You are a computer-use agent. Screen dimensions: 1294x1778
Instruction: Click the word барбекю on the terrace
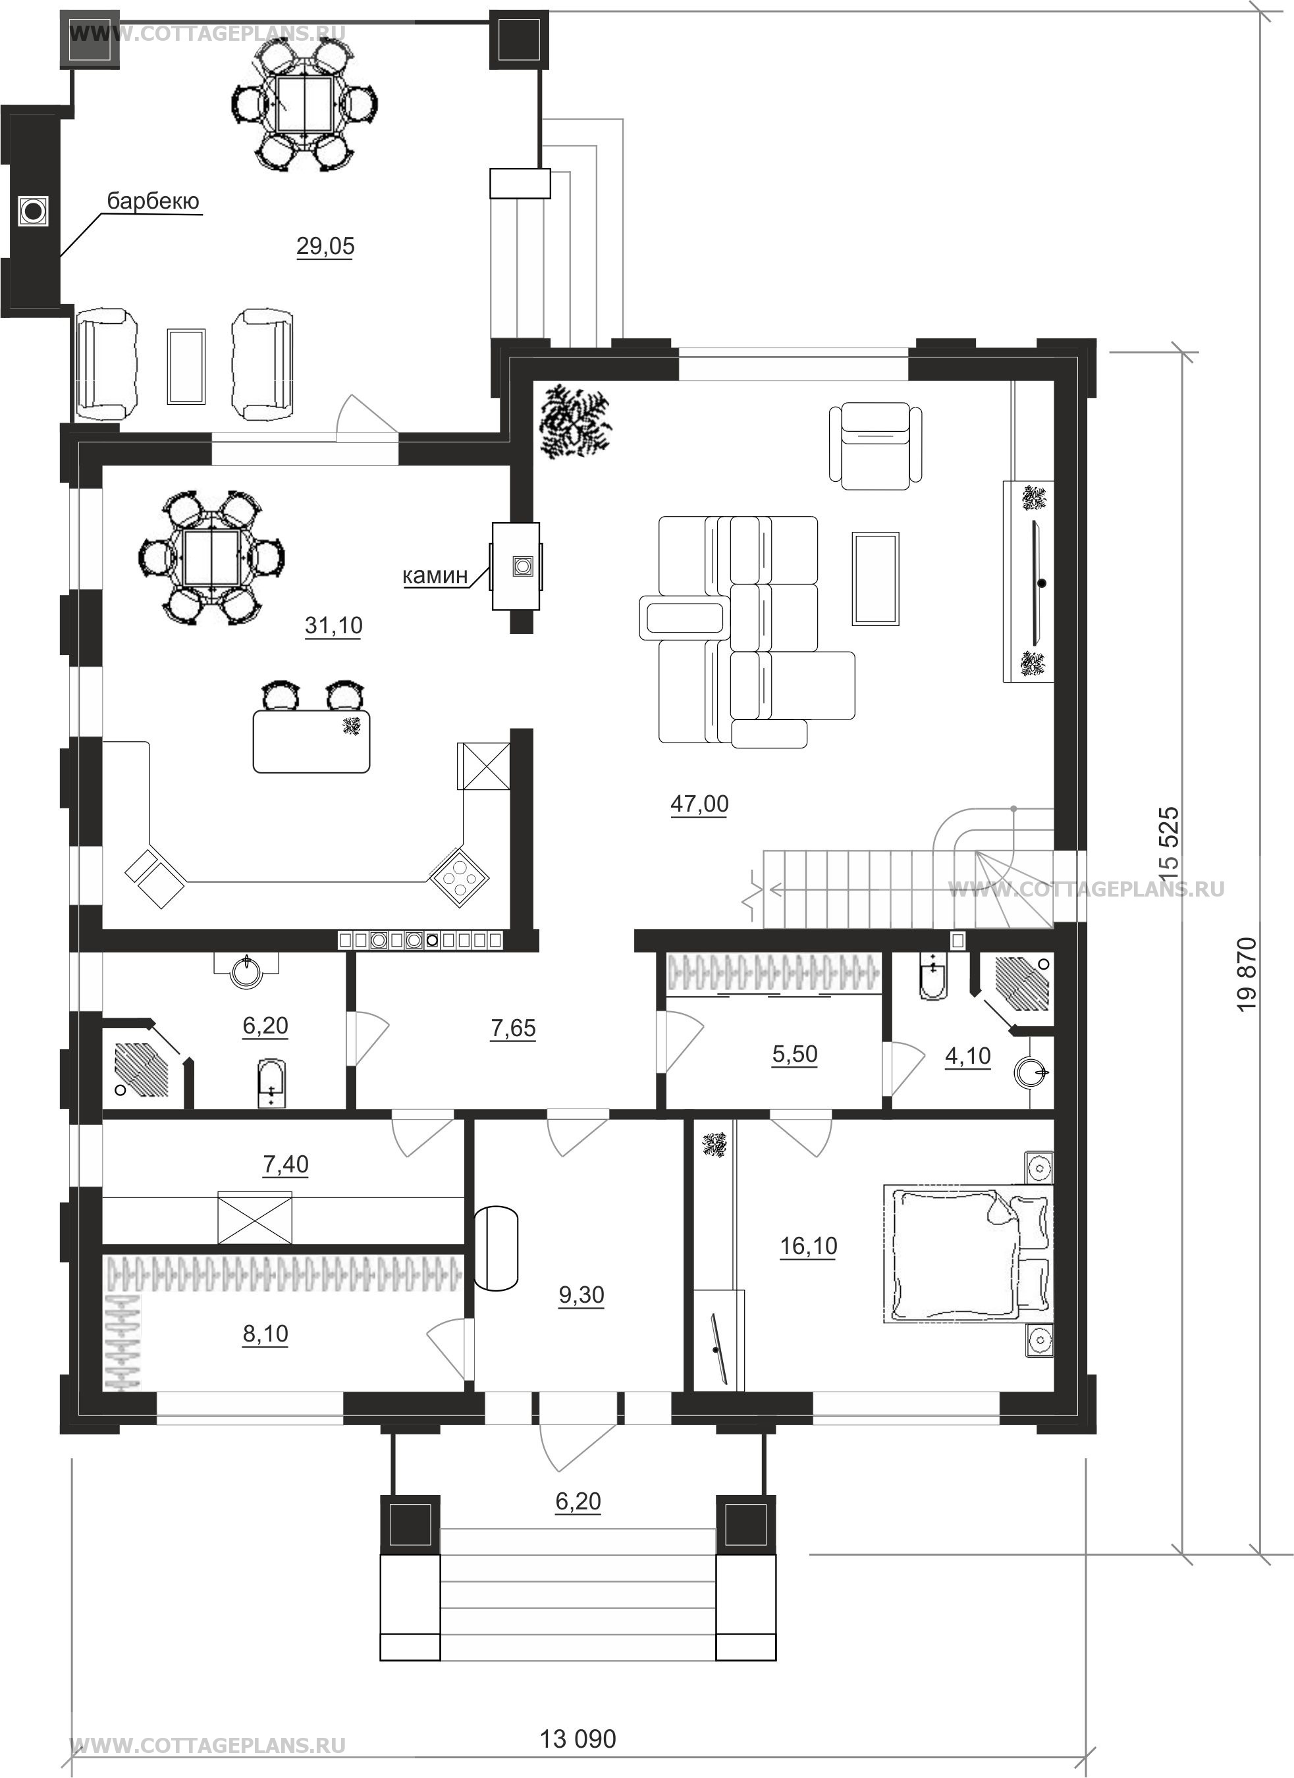point(153,201)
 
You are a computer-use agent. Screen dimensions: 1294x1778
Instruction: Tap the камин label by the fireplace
point(435,575)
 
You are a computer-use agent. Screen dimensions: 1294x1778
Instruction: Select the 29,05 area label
point(325,246)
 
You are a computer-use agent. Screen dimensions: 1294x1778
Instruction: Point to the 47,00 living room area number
point(699,804)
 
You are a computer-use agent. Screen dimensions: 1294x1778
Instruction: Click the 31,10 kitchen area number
point(333,625)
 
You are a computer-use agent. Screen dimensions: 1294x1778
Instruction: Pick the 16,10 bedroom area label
point(809,1245)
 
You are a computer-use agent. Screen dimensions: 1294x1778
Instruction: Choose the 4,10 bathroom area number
point(968,1057)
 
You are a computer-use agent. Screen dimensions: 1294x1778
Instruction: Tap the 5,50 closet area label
point(794,1055)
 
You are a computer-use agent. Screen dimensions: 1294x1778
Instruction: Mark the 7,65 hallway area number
point(513,1028)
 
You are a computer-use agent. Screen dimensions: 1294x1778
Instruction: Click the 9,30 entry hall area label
point(581,1295)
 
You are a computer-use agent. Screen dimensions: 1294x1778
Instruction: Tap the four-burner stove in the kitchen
point(459,876)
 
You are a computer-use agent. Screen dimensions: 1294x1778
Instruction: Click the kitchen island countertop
point(311,741)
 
